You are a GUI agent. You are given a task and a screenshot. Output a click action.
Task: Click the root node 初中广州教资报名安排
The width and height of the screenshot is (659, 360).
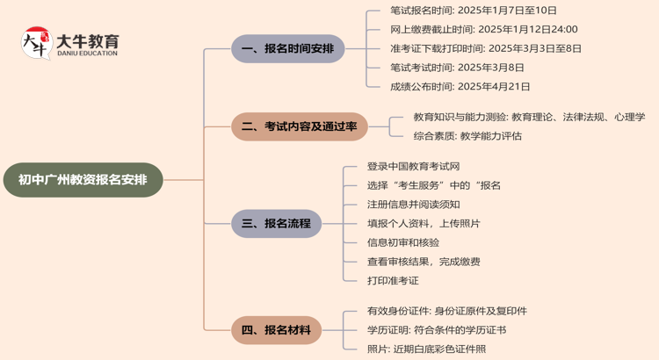click(x=83, y=180)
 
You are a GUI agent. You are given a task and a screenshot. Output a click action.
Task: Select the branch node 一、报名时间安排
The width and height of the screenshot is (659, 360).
click(x=287, y=49)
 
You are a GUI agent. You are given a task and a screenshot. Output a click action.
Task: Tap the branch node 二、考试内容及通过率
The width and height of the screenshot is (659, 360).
click(x=299, y=126)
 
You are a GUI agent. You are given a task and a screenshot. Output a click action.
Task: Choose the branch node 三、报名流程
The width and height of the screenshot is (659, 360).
click(x=276, y=223)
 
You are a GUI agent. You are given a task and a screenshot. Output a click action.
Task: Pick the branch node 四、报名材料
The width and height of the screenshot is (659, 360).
click(x=276, y=330)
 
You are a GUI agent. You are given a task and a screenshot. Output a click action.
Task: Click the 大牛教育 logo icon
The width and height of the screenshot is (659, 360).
click(x=36, y=43)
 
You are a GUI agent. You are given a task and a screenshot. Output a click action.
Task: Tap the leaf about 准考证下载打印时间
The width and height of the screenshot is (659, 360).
click(x=485, y=48)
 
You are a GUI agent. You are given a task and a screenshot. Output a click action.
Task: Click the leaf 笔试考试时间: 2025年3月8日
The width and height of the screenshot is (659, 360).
click(x=457, y=68)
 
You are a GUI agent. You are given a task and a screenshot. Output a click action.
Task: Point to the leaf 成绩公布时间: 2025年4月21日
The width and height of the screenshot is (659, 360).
click(x=460, y=87)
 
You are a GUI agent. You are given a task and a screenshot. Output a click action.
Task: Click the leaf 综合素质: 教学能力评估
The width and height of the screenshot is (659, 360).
click(x=467, y=136)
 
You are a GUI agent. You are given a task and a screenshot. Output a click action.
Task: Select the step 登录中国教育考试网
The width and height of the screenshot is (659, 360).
click(x=413, y=166)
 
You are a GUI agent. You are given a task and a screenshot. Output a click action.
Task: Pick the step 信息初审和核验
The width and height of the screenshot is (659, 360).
click(x=403, y=242)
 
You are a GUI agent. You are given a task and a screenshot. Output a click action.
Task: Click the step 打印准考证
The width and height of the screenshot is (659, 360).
click(x=393, y=280)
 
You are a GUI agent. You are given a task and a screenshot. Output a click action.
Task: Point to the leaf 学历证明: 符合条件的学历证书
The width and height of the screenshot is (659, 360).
click(x=437, y=330)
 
